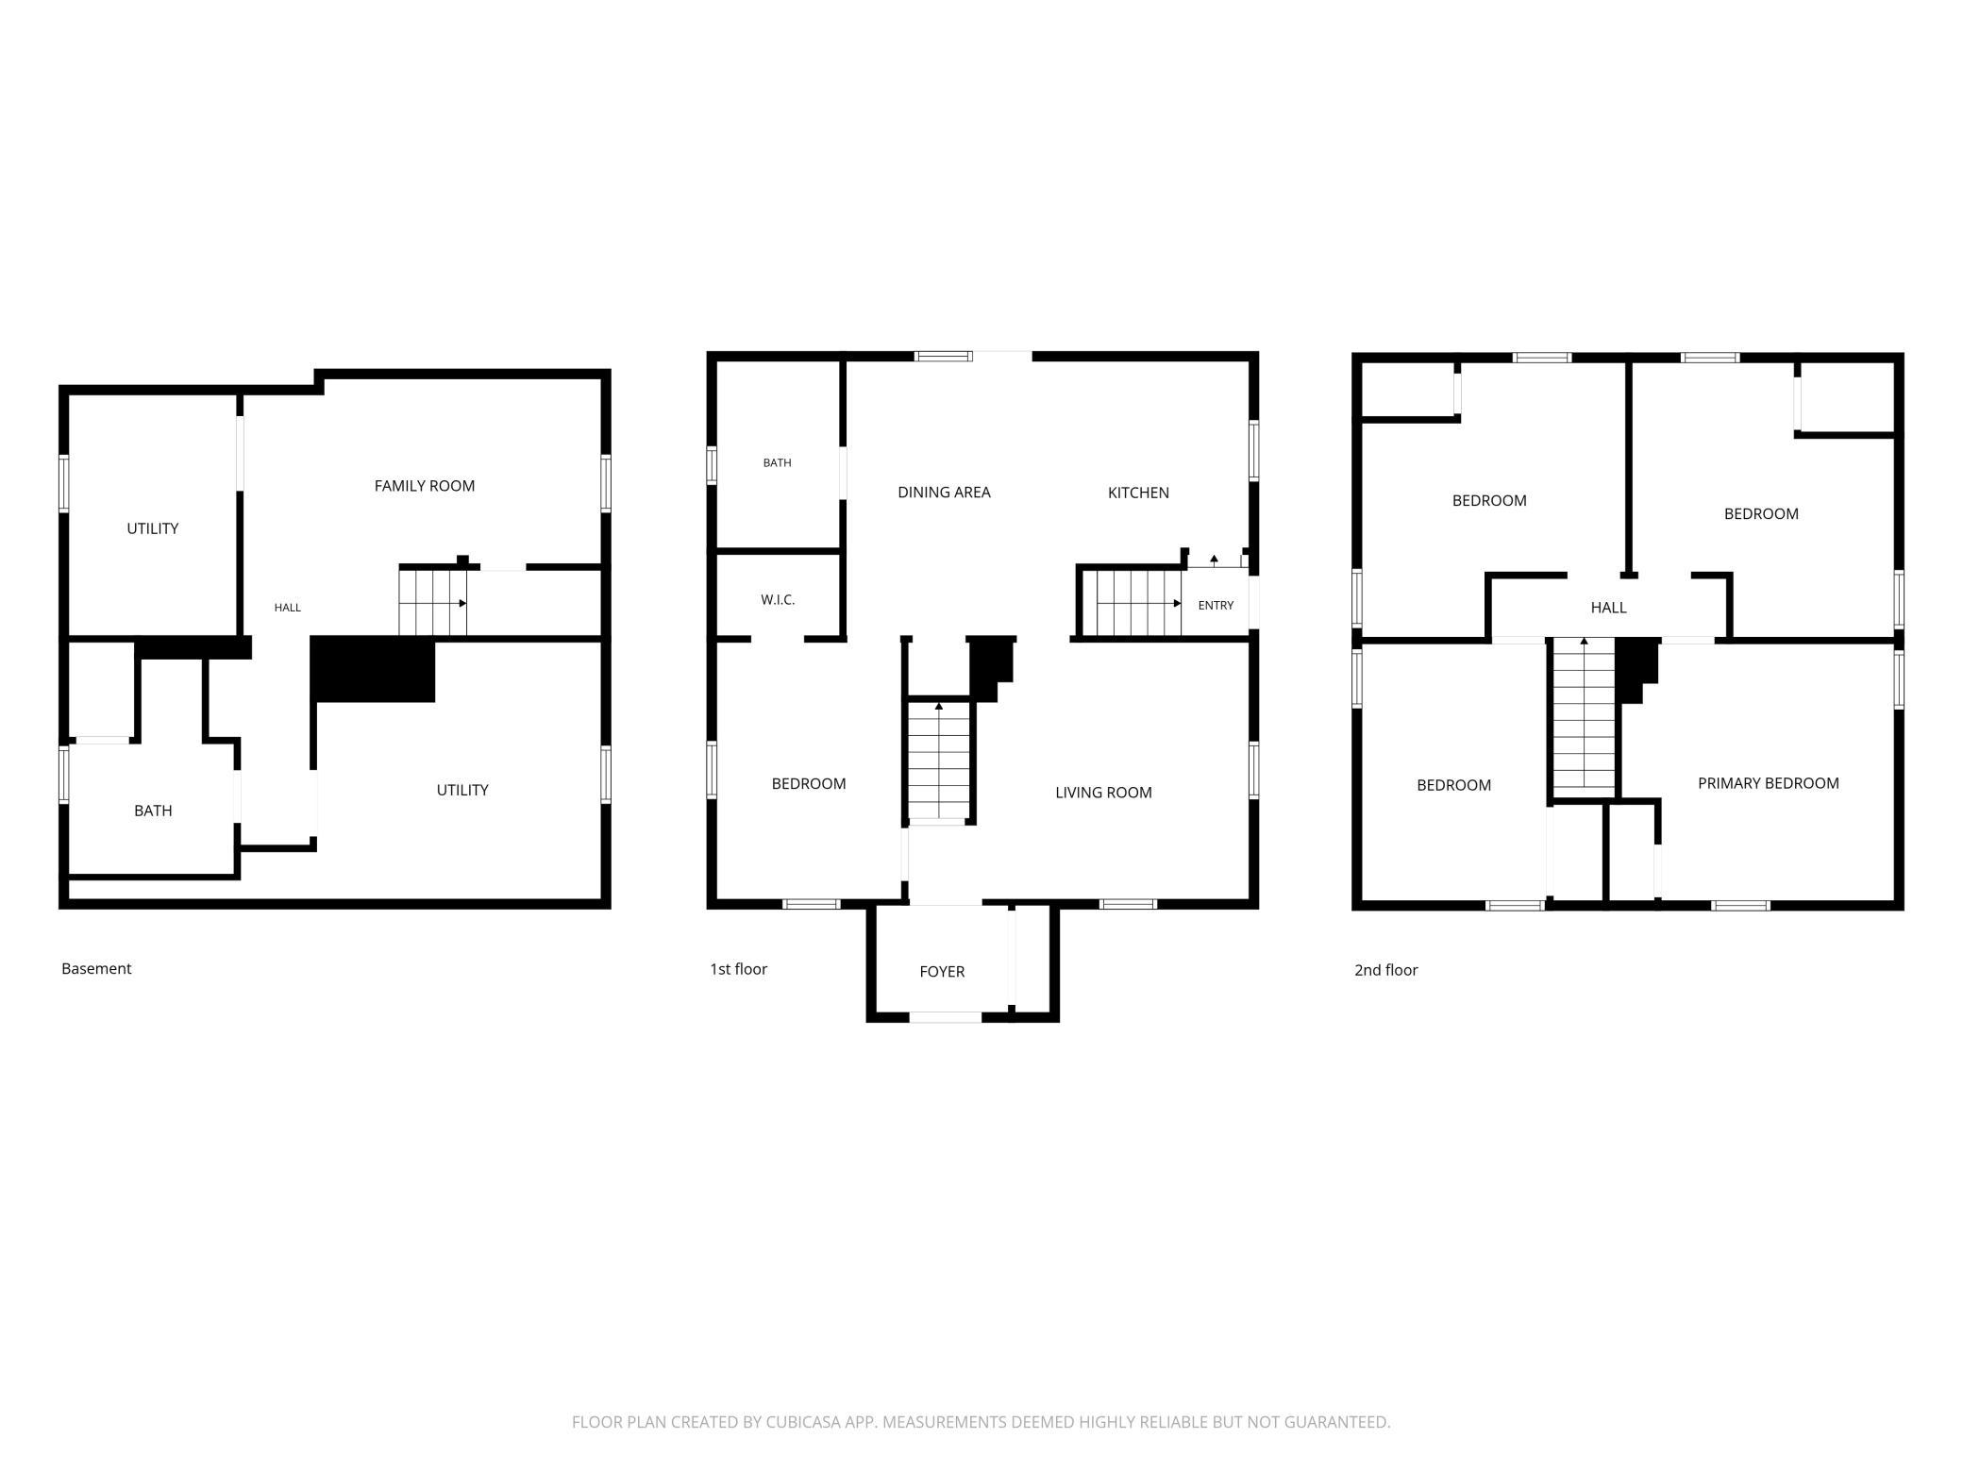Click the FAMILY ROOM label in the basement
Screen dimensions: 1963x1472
point(425,486)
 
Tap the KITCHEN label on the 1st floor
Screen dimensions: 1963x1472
point(1138,493)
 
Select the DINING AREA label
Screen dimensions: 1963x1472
point(944,492)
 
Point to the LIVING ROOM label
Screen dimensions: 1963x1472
point(1103,793)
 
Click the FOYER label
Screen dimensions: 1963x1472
point(942,971)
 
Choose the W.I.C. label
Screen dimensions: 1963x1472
point(778,600)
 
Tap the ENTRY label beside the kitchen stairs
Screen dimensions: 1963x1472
point(1216,605)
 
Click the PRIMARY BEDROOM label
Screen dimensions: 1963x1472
point(1768,783)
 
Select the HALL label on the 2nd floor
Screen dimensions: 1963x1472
point(1608,608)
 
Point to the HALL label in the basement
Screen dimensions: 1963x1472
point(288,608)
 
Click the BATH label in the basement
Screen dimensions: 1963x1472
point(153,811)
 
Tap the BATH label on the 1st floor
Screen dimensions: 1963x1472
point(778,462)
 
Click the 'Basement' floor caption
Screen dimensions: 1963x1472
point(96,968)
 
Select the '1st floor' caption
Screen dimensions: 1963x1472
point(738,969)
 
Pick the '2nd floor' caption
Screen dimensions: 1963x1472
point(1385,970)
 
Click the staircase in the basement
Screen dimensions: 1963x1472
point(433,603)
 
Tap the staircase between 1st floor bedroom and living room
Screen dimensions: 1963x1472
point(939,761)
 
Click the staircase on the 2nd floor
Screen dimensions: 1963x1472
point(1585,714)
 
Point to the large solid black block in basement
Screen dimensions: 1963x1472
point(373,669)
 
